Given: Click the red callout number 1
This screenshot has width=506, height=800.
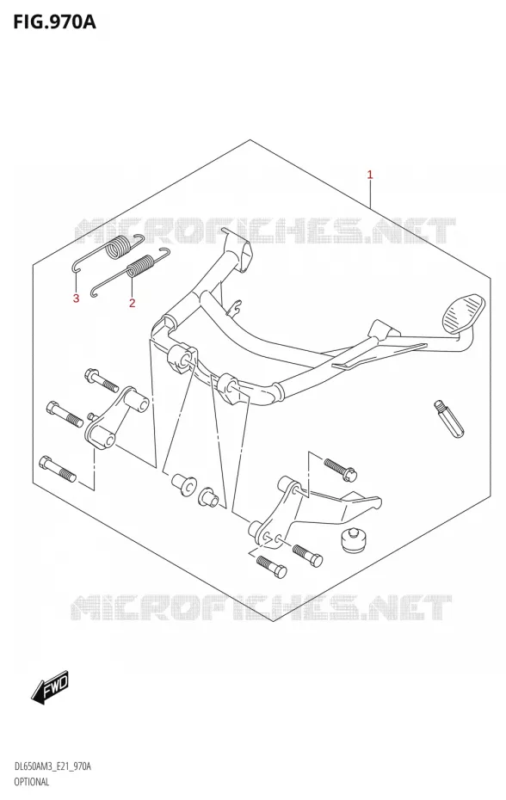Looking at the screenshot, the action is click(x=370, y=175).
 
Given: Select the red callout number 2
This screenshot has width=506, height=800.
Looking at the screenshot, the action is click(x=132, y=303).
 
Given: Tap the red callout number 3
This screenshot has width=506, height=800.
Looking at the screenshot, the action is click(x=76, y=298).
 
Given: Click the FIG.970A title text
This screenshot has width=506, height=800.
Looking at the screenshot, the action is click(x=48, y=22).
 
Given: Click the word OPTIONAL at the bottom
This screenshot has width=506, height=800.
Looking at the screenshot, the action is click(x=32, y=781).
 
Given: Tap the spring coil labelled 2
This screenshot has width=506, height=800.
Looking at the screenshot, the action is click(x=140, y=267).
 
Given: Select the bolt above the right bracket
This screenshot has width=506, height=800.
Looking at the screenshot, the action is click(x=340, y=469).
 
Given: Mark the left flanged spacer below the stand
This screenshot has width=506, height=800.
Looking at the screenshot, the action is click(x=182, y=483).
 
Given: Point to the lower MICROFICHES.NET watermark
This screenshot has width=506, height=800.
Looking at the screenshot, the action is click(x=262, y=608).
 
